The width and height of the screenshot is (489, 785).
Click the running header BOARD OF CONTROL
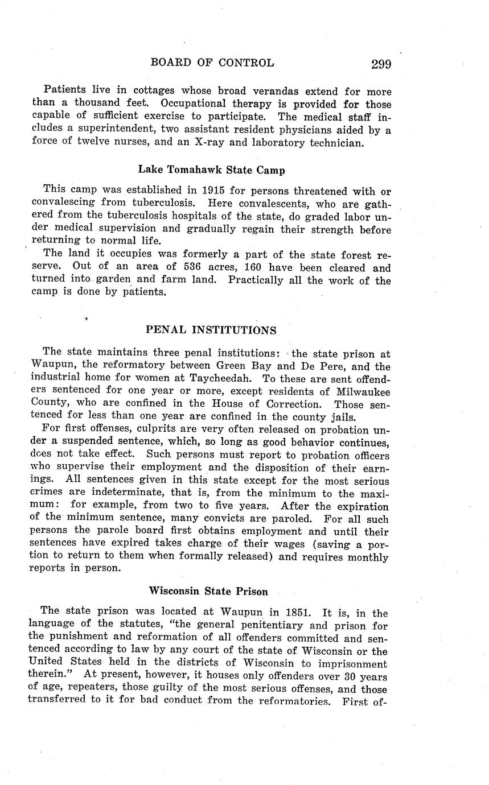click(x=212, y=63)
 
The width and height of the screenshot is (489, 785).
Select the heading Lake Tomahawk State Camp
click(x=211, y=170)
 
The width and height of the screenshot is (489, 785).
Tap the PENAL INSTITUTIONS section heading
click(x=211, y=330)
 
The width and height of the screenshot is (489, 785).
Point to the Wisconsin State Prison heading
click(x=208, y=591)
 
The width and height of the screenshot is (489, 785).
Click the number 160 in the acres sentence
click(x=246, y=268)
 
